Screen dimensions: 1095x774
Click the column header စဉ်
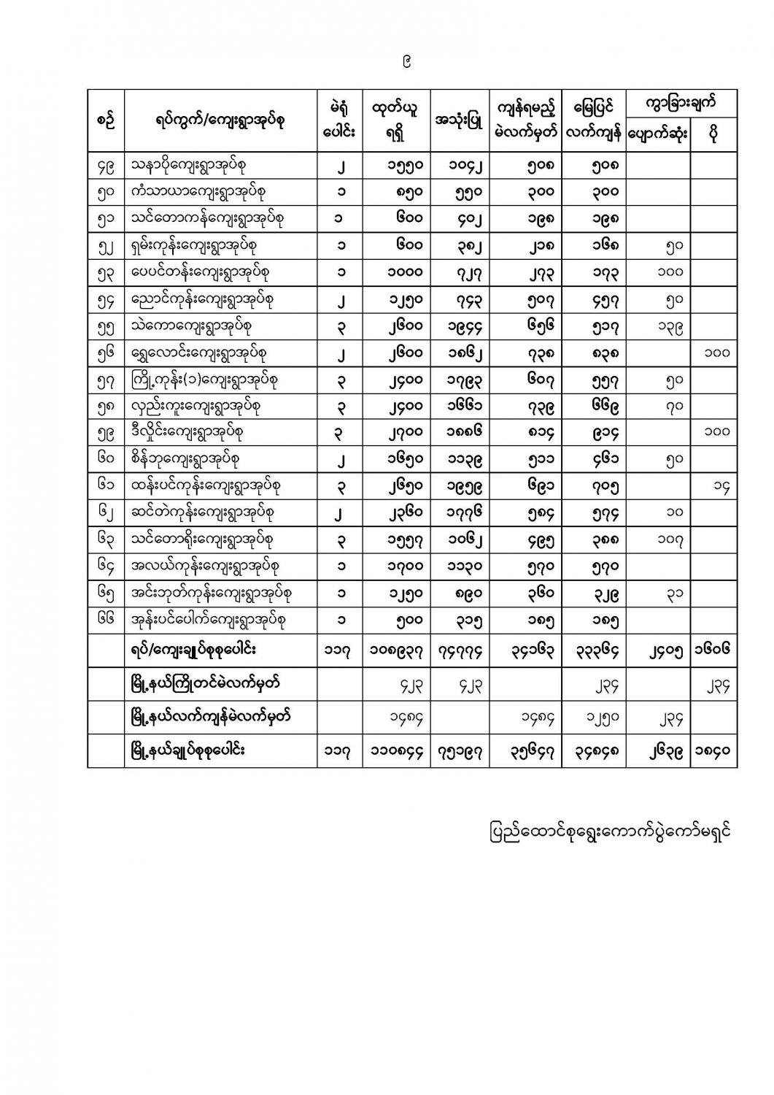coord(106,121)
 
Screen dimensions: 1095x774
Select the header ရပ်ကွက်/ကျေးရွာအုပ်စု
coord(220,121)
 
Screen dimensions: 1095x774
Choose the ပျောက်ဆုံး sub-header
coord(658,135)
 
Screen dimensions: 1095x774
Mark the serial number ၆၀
coord(106,459)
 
